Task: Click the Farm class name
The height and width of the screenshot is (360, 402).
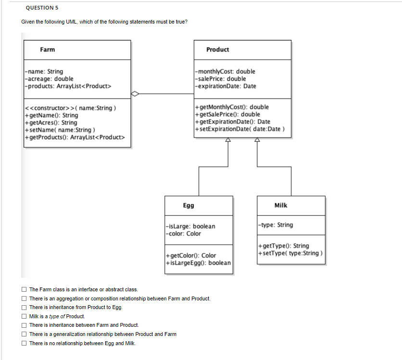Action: tap(47, 50)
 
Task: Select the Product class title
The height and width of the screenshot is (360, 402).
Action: tap(217, 50)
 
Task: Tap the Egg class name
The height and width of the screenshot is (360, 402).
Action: tap(188, 205)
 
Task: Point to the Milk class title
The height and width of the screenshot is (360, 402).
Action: tap(280, 205)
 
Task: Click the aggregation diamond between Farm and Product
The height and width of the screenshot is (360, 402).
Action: tap(137, 94)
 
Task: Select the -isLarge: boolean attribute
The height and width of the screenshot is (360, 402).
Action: tap(190, 226)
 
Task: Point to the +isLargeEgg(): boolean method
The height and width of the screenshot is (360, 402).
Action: tap(198, 263)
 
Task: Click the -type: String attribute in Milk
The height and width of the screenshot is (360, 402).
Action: tap(276, 225)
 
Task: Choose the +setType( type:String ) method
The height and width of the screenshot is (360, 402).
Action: tap(289, 253)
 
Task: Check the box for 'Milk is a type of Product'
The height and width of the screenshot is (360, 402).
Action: tap(24, 316)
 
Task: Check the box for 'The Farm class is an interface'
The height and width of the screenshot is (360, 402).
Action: tap(24, 289)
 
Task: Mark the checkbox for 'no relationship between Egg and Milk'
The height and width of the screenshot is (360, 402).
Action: tap(24, 343)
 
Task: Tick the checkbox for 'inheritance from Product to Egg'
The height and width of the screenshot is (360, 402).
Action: tap(24, 307)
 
